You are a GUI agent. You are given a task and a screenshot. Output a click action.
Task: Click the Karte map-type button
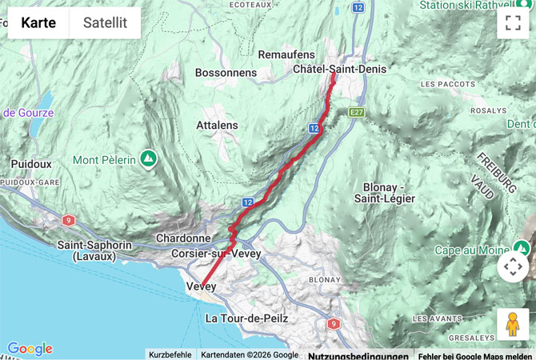[x=38, y=23]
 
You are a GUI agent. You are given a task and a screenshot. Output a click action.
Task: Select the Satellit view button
[x=105, y=23]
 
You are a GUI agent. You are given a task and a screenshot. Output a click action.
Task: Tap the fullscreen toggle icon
[x=513, y=23]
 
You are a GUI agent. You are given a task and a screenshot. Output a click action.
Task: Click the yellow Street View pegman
[x=513, y=324]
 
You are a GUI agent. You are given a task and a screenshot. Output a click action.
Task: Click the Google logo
[x=30, y=349]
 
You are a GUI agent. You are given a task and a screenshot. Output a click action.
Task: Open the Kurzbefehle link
[x=170, y=354]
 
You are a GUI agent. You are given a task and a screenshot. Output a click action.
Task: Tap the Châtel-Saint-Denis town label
[x=339, y=70]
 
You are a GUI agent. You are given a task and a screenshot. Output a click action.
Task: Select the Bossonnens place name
[x=226, y=73]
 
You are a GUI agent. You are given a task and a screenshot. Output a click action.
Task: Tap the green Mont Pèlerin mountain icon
[x=148, y=159]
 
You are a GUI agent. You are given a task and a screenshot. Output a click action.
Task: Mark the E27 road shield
[x=357, y=114]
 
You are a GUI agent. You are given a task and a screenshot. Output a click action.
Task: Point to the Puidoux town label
[x=31, y=164]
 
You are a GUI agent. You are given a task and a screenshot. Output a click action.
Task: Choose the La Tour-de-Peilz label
[x=246, y=318]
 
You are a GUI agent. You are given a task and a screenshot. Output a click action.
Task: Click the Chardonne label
[x=183, y=238]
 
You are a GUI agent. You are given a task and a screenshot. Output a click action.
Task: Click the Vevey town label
[x=201, y=286]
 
